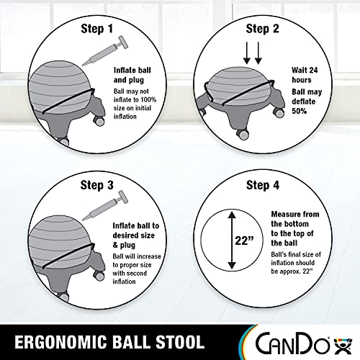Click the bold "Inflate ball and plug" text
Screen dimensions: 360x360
134,74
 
